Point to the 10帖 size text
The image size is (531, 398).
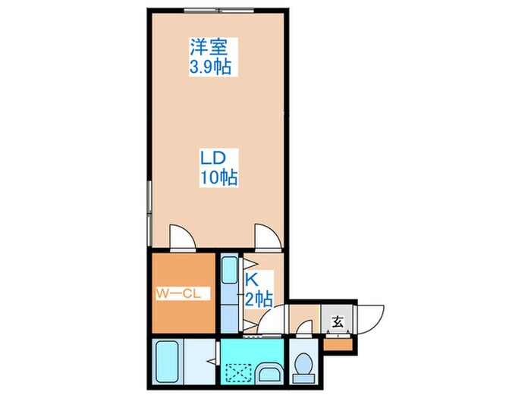tap(218, 179)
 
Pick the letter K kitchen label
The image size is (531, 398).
tap(250, 280)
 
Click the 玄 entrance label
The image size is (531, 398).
tap(336, 321)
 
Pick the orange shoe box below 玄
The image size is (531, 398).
tap(338, 345)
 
